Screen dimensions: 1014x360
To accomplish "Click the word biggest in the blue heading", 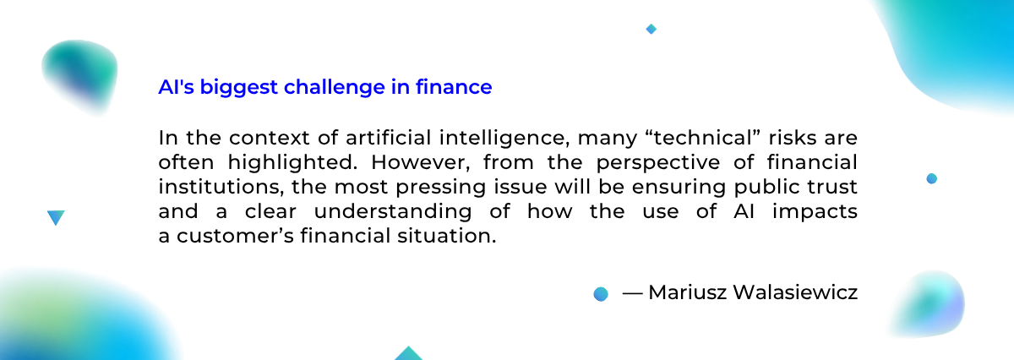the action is [x=238, y=88].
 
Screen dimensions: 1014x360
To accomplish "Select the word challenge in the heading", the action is [x=335, y=88].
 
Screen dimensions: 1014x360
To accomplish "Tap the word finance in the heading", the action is [x=454, y=86].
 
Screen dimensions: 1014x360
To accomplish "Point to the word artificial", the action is [x=388, y=138].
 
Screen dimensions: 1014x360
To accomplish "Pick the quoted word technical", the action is [x=706, y=138].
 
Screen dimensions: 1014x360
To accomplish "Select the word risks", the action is [x=793, y=138].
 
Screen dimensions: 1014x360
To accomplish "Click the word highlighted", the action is [x=292, y=163].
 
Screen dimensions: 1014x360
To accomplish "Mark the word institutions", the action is [x=221, y=187].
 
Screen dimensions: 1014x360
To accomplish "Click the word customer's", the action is [x=236, y=236].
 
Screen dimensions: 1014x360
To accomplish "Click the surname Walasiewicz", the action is [x=795, y=292].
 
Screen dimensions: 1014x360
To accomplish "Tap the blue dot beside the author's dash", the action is [x=601, y=294].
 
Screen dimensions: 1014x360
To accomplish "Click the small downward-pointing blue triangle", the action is [x=56, y=217].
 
